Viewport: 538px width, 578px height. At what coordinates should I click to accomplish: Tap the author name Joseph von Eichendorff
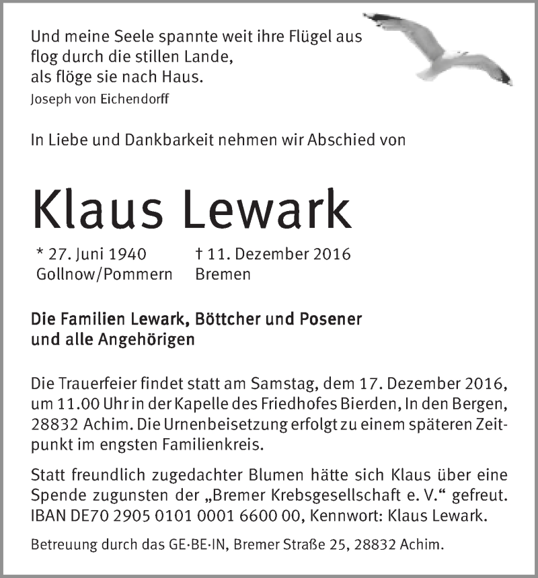click(x=100, y=99)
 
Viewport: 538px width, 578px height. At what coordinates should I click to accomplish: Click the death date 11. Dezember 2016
click(x=276, y=255)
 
